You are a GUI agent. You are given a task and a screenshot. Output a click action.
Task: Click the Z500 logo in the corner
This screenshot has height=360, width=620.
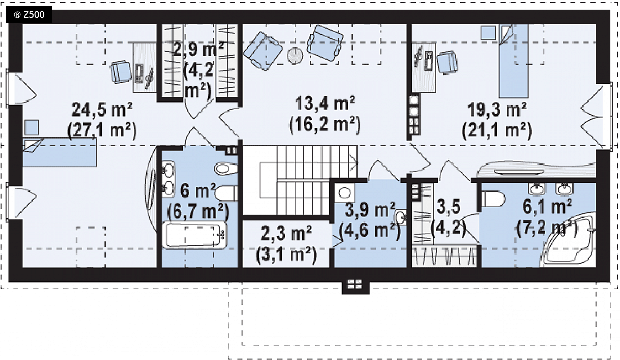29,15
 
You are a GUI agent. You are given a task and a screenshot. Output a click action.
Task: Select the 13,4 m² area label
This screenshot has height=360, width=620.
325,104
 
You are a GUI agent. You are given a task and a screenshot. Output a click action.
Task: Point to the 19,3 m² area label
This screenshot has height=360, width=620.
497,110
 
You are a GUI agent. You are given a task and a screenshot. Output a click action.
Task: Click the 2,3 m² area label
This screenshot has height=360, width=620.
286,234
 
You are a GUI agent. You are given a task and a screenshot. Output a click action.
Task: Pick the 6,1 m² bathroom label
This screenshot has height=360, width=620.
547,207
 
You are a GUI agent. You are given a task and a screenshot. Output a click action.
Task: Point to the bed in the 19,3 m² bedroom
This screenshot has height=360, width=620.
514,61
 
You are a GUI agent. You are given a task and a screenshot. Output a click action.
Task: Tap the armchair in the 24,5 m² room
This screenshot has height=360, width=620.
120,72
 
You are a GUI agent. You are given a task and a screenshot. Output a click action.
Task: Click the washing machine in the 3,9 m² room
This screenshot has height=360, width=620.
344,193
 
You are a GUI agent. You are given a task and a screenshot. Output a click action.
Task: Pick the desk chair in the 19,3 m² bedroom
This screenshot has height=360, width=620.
447,62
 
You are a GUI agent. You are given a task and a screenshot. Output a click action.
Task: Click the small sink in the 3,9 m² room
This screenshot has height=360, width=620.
401,218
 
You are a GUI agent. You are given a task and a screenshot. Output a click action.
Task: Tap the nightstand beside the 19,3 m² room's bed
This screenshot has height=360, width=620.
488,33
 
